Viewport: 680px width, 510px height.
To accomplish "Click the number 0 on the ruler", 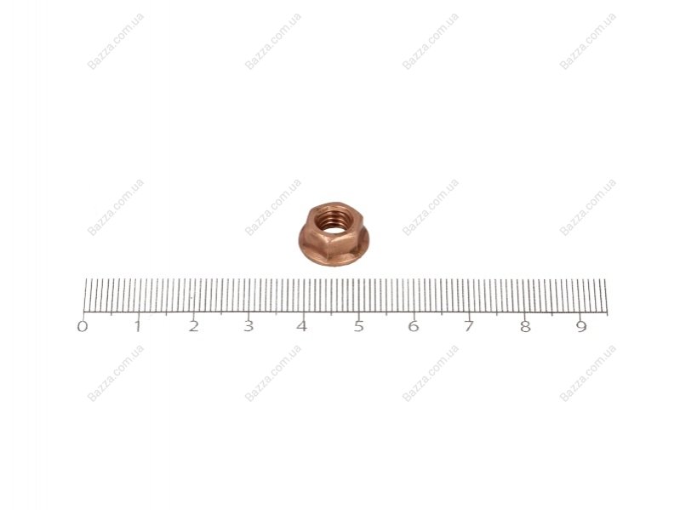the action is tap(82, 327).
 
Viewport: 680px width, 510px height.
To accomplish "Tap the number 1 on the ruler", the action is tap(138, 327).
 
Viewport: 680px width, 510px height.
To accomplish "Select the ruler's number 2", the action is tap(193, 327).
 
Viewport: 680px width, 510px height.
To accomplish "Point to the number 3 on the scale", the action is tap(248, 327).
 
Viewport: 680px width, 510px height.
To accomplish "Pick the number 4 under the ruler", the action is tap(302, 327).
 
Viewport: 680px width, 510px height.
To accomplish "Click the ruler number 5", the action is tap(358, 327).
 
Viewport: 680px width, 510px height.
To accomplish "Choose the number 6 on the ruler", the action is tap(414, 327).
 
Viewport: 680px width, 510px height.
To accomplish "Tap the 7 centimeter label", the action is tap(468, 327).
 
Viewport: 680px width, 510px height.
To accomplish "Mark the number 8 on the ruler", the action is tap(525, 327).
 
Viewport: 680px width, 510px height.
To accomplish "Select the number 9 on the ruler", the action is tap(581, 327).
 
